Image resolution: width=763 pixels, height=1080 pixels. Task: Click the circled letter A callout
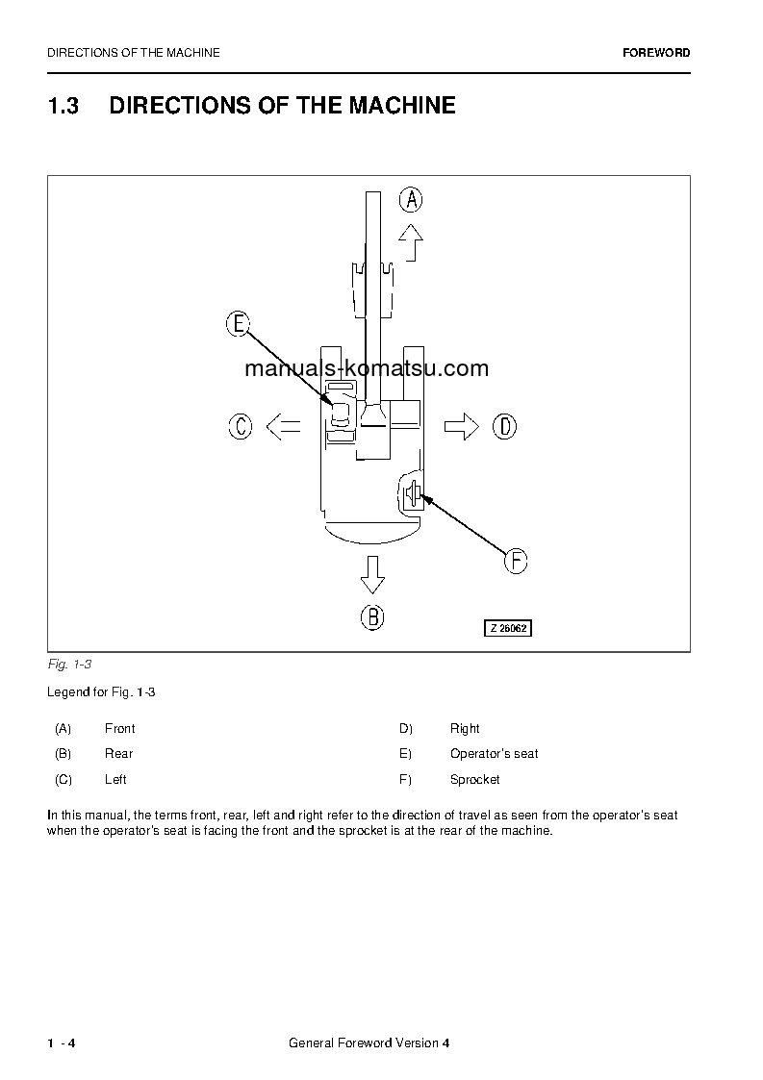(411, 199)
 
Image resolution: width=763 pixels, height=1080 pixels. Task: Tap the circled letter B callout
(372, 616)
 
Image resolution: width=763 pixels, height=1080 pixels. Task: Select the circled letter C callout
(241, 426)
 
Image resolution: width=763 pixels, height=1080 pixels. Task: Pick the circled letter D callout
(505, 426)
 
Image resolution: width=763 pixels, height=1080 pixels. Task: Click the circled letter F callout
(516, 560)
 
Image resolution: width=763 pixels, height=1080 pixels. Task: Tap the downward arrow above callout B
(372, 574)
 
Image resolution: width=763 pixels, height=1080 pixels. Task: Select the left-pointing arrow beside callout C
(283, 426)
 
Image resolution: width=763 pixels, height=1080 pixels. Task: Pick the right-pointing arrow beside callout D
(462, 426)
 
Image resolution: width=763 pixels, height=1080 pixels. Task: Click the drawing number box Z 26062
(507, 628)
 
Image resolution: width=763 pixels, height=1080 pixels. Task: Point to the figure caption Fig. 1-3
(69, 665)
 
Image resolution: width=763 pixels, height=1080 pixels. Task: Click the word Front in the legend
(120, 729)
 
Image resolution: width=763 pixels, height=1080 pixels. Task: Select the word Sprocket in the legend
(475, 780)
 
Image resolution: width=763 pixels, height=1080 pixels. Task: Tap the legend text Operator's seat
(494, 754)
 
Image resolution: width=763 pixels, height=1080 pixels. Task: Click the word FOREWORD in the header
(656, 53)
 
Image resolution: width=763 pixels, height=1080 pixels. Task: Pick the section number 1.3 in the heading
(63, 106)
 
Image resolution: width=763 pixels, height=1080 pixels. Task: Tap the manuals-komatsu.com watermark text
(367, 368)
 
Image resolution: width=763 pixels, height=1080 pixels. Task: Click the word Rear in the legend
(119, 754)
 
